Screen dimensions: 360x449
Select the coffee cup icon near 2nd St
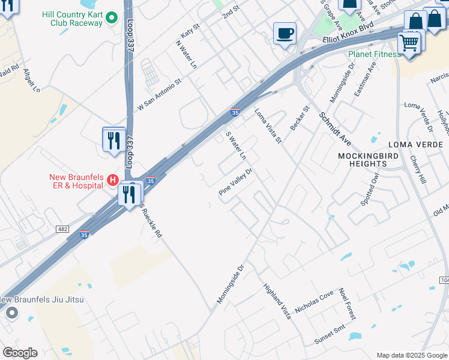coord(285,33)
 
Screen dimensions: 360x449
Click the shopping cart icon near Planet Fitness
coord(409,43)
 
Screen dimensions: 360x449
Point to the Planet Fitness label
coord(375,55)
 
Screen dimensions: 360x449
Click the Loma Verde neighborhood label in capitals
coord(415,145)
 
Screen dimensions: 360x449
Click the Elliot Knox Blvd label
coord(348,33)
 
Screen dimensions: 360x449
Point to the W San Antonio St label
coord(159,95)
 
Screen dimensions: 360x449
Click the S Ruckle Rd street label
coord(151,220)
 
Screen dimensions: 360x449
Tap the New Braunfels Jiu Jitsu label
coord(42,300)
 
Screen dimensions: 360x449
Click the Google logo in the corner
coord(20,353)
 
